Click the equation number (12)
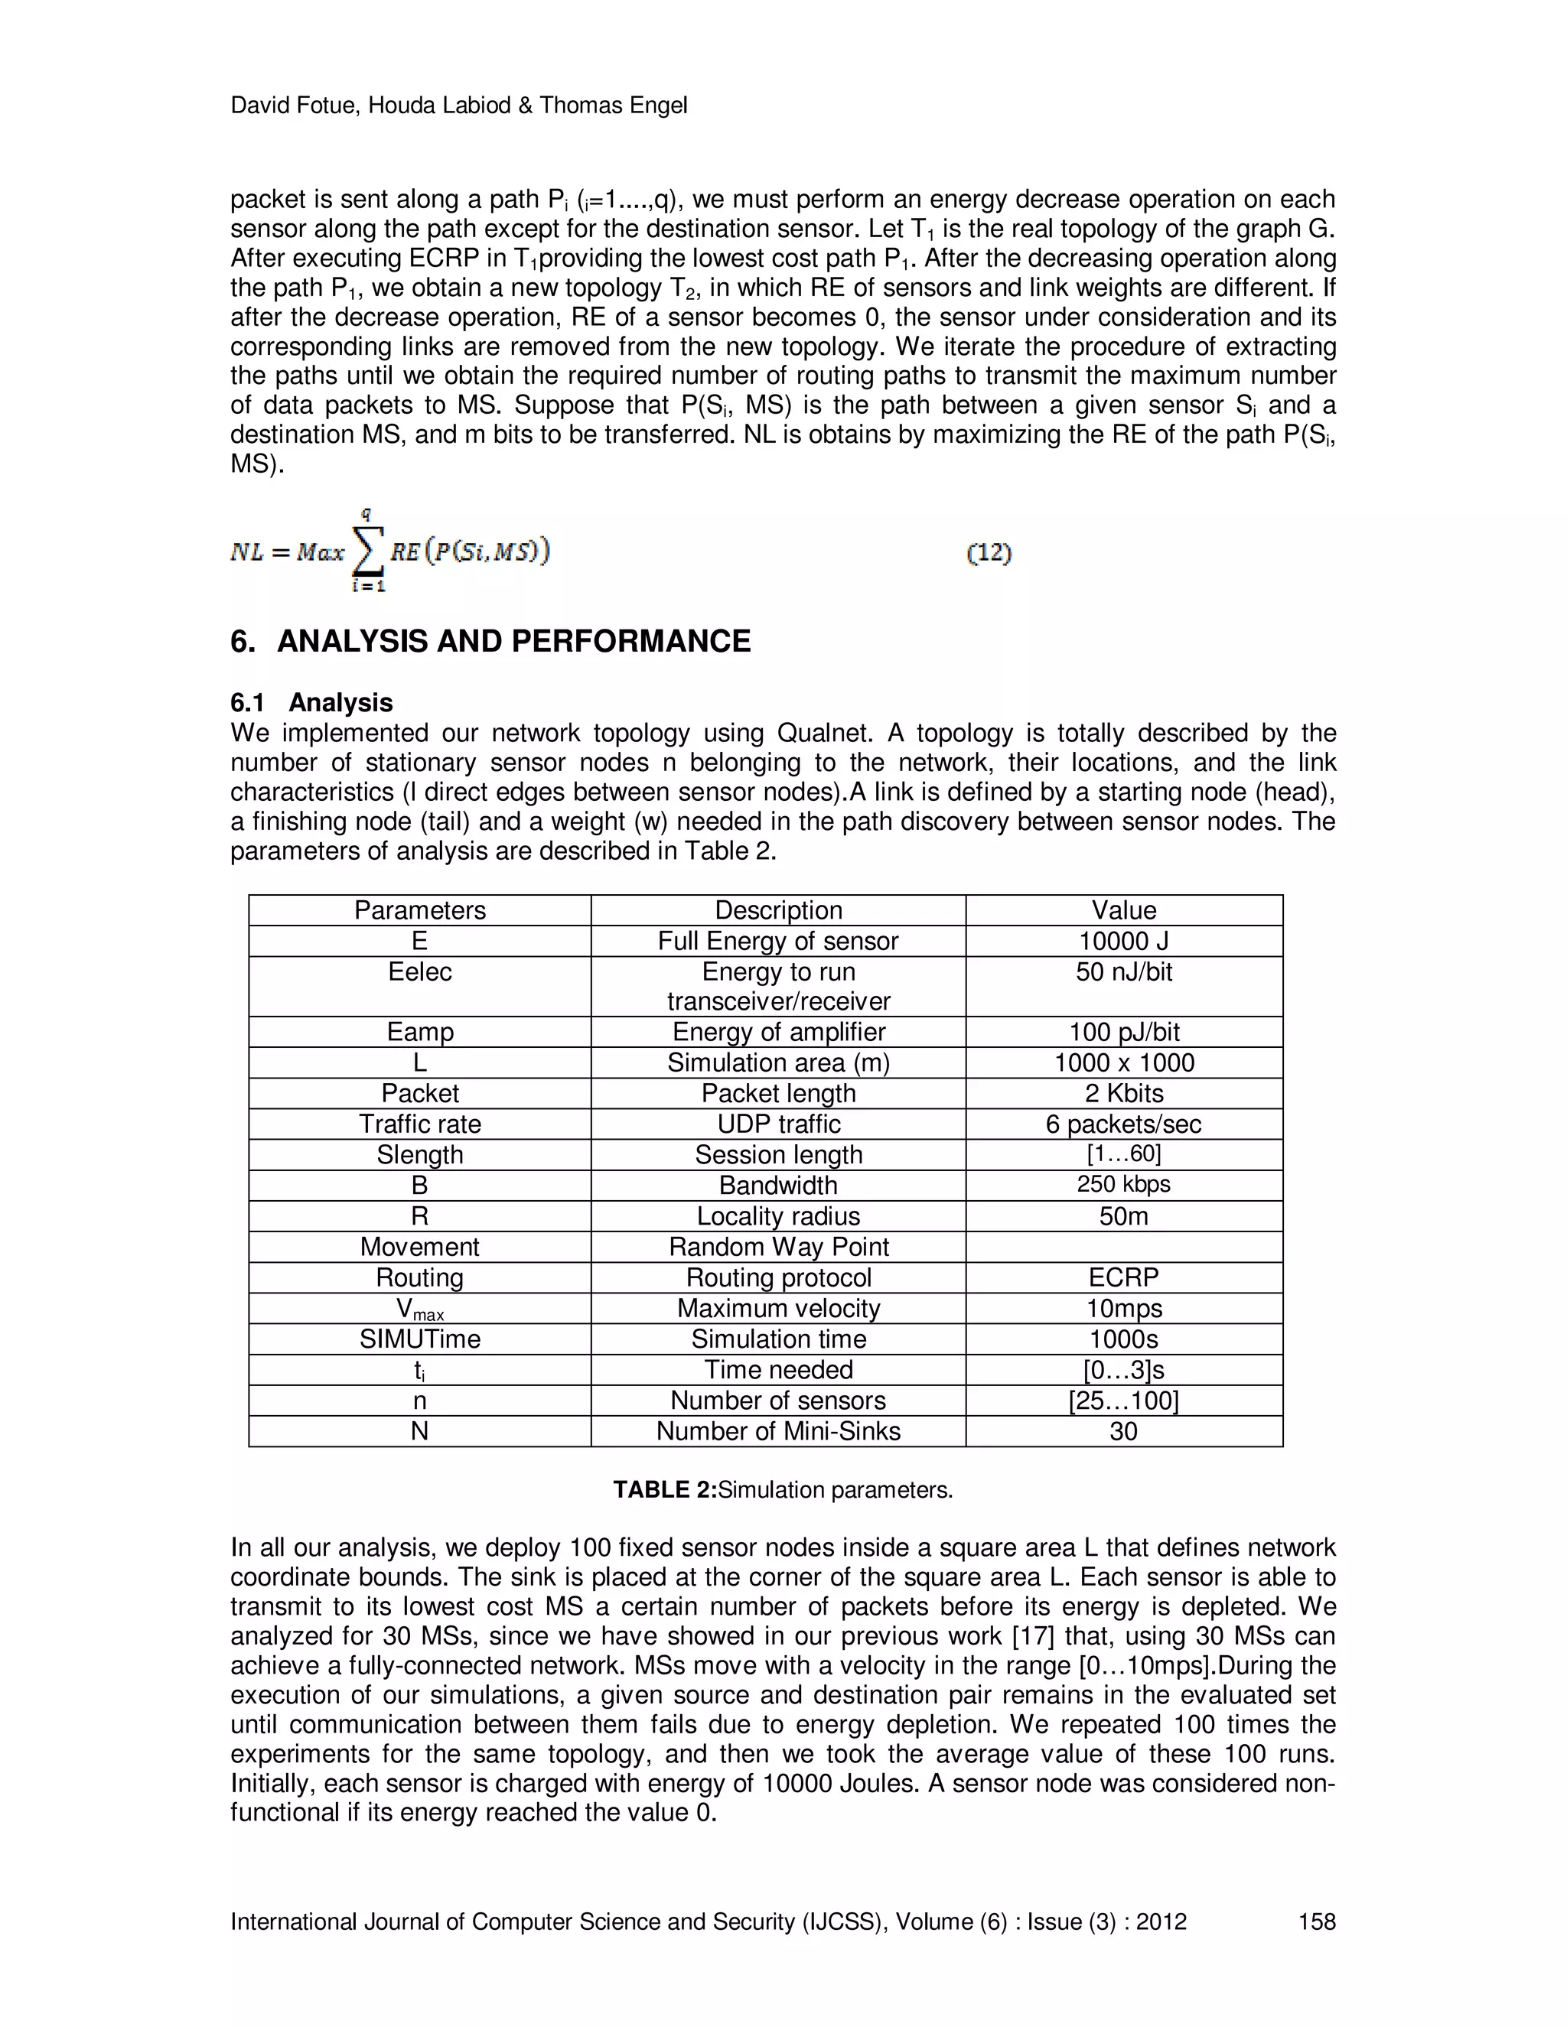[x=989, y=554]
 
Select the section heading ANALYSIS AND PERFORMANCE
[x=513, y=641]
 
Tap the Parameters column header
[x=419, y=909]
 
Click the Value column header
[x=1123, y=909]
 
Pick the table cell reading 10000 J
[x=1123, y=941]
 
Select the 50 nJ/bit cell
[x=1123, y=971]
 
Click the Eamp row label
[x=419, y=1032]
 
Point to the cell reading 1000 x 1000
[x=1123, y=1062]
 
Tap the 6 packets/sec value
[x=1123, y=1124]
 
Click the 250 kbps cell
[x=1123, y=1184]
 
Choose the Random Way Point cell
[x=778, y=1247]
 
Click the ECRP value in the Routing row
[x=1123, y=1277]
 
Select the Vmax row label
[x=419, y=1309]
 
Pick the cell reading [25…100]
[x=1123, y=1401]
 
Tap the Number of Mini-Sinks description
[x=778, y=1431]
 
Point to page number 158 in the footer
[x=1316, y=1921]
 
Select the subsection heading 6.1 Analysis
[x=312, y=703]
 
